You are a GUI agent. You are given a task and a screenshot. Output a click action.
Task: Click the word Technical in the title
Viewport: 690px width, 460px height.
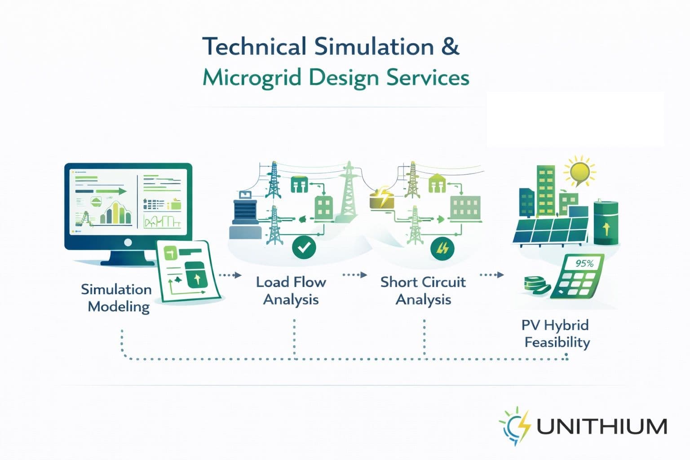(x=254, y=47)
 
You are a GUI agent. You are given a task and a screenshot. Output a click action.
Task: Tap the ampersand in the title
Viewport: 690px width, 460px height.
(x=450, y=47)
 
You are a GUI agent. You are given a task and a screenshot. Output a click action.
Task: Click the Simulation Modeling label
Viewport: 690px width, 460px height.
(x=117, y=298)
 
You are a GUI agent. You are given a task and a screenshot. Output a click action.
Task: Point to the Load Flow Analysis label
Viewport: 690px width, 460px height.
(x=291, y=291)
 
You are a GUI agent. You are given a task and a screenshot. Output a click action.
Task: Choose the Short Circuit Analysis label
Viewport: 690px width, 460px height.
(x=423, y=291)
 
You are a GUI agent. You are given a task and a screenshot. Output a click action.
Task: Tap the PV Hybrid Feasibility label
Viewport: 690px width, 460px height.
(x=556, y=334)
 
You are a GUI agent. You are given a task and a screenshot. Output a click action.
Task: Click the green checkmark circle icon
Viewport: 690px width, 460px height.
(x=304, y=248)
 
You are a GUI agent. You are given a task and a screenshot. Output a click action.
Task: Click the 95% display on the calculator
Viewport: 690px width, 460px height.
(x=584, y=264)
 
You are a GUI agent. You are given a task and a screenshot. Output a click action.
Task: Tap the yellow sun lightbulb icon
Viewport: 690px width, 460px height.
(x=579, y=172)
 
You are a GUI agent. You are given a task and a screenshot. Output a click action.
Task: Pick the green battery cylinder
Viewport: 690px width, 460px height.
(x=606, y=223)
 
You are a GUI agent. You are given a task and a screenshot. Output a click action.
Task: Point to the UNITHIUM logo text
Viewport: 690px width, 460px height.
(x=602, y=426)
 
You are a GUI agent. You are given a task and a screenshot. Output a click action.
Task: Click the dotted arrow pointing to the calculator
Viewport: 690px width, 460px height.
(x=491, y=274)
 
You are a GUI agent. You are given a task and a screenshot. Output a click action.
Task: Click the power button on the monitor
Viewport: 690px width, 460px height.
(x=128, y=243)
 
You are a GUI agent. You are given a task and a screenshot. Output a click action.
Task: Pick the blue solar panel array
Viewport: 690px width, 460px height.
(x=551, y=230)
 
